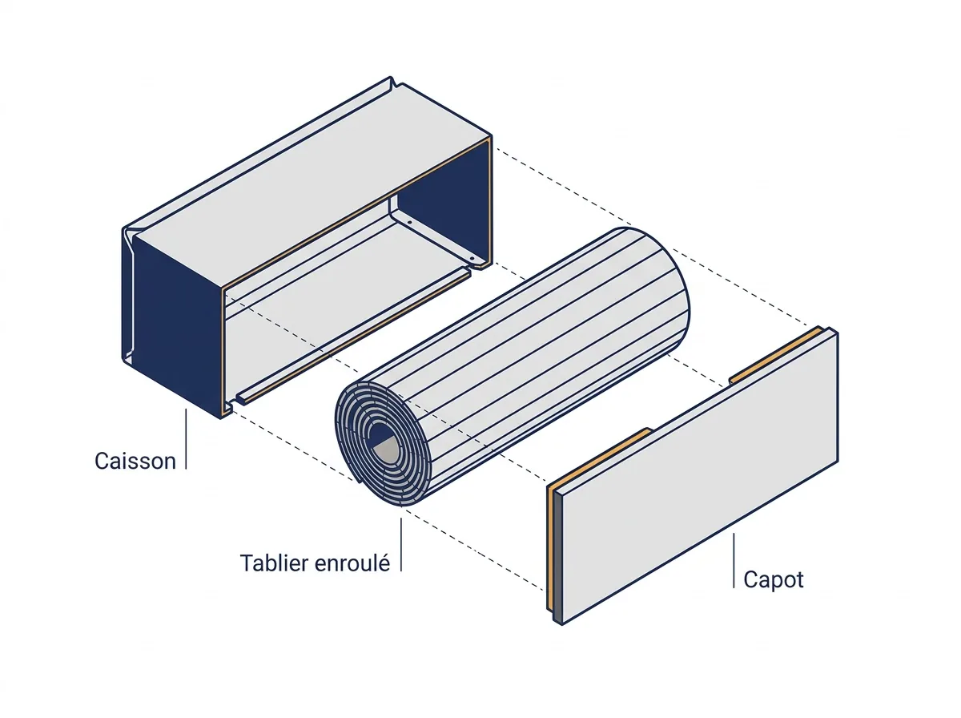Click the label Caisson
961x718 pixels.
pos(135,462)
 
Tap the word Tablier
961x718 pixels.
pos(274,563)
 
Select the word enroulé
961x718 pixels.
pos(352,563)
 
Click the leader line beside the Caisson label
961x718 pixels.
pos(186,439)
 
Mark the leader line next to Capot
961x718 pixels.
pos(734,560)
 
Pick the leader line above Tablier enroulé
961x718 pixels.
pos(401,545)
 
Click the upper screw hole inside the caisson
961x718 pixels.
pos(410,222)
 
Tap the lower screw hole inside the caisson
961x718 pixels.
pos(472,260)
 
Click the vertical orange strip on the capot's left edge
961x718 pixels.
pos(550,547)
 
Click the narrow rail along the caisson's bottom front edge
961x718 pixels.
pos(353,336)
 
